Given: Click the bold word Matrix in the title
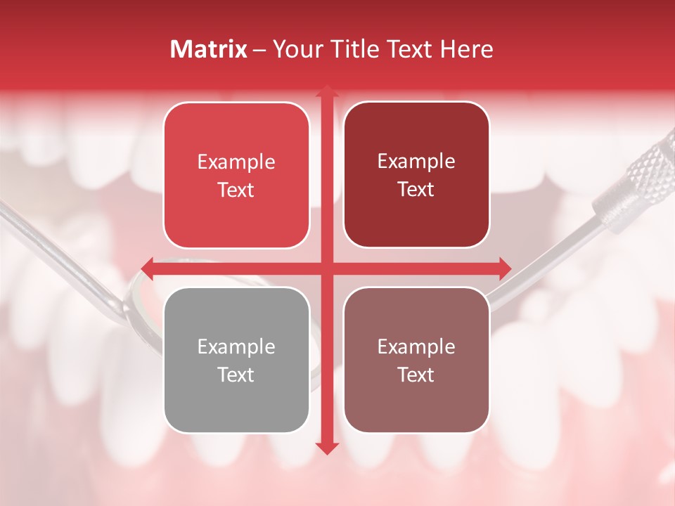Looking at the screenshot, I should (x=209, y=49).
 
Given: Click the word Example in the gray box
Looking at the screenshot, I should (x=236, y=346).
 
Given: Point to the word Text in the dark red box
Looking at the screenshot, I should (x=416, y=189).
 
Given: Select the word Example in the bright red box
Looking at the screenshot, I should (x=236, y=162).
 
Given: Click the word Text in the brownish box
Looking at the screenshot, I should (x=416, y=375).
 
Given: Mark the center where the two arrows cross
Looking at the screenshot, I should (x=326, y=268).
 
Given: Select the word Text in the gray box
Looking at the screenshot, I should (x=236, y=375).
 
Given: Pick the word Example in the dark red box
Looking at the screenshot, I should (x=416, y=161).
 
